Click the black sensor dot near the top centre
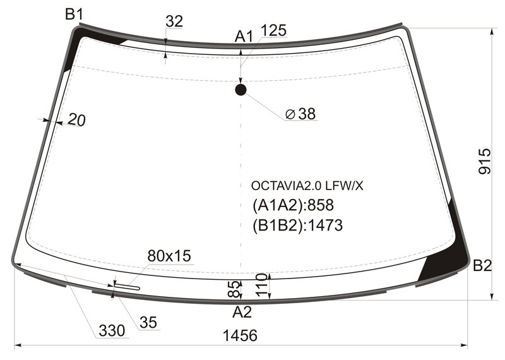click(241, 90)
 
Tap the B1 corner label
click(74, 15)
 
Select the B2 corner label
click(482, 266)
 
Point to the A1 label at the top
click(244, 37)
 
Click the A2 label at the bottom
click(242, 312)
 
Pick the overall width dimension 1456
click(240, 335)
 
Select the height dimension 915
click(485, 161)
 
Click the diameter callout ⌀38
click(300, 114)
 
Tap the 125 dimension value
click(273, 30)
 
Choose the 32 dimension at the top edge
click(174, 21)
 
